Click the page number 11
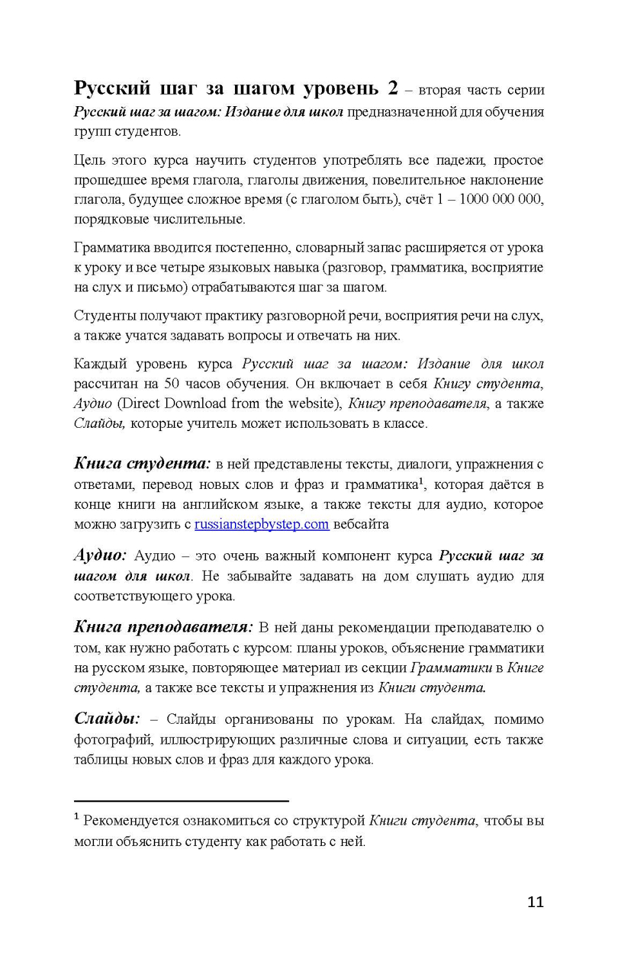pos(535,902)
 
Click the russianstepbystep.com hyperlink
pos(261,524)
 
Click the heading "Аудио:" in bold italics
pos(100,555)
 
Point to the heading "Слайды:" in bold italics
pos(106,719)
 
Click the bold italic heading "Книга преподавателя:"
pos(163,627)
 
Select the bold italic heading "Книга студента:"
pos(142,463)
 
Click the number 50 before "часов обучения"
pos(171,384)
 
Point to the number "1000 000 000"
pos(500,199)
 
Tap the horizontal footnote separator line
pos(181,801)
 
